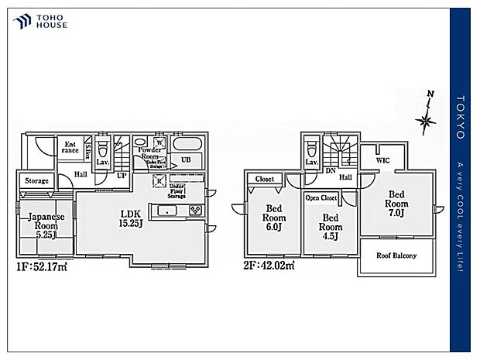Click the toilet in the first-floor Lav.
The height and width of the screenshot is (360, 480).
pos(101,146)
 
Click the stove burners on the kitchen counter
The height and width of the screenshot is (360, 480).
pos(194,211)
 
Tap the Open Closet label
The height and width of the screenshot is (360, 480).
pos(321,197)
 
